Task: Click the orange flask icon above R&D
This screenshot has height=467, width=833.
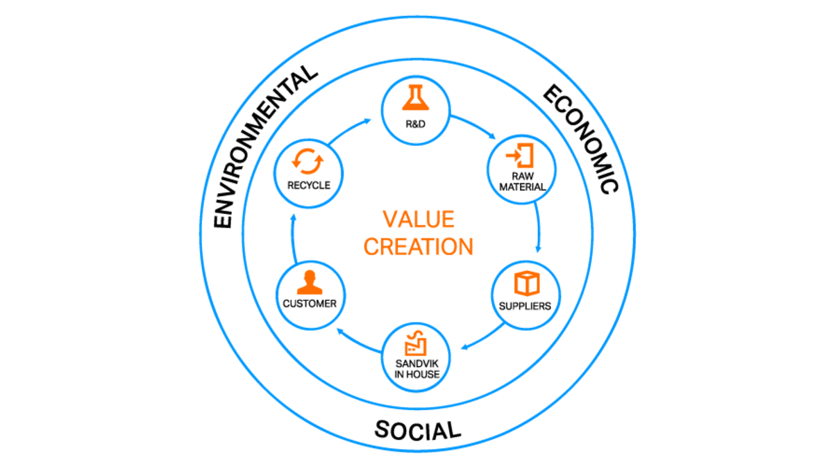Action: [x=415, y=98]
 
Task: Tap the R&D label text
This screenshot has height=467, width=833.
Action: [x=415, y=124]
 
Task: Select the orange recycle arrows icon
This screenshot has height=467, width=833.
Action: [x=308, y=161]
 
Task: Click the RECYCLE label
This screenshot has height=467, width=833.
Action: [x=309, y=185]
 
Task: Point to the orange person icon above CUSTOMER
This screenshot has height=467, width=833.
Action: [x=310, y=282]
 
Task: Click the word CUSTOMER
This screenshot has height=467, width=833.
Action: [x=310, y=304]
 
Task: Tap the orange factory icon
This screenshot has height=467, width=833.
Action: [x=416, y=343]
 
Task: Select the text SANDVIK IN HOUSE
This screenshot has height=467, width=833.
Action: [x=417, y=369]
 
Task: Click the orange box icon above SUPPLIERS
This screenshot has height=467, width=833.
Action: [x=527, y=284]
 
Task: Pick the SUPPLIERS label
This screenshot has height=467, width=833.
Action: [x=525, y=306]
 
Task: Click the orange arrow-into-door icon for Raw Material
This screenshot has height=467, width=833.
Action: [x=520, y=155]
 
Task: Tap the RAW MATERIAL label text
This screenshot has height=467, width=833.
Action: [x=523, y=181]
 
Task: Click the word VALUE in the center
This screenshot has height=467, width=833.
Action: [x=419, y=219]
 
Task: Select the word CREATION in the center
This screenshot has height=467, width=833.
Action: [x=419, y=247]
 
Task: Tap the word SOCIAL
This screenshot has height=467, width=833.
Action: [x=418, y=430]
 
